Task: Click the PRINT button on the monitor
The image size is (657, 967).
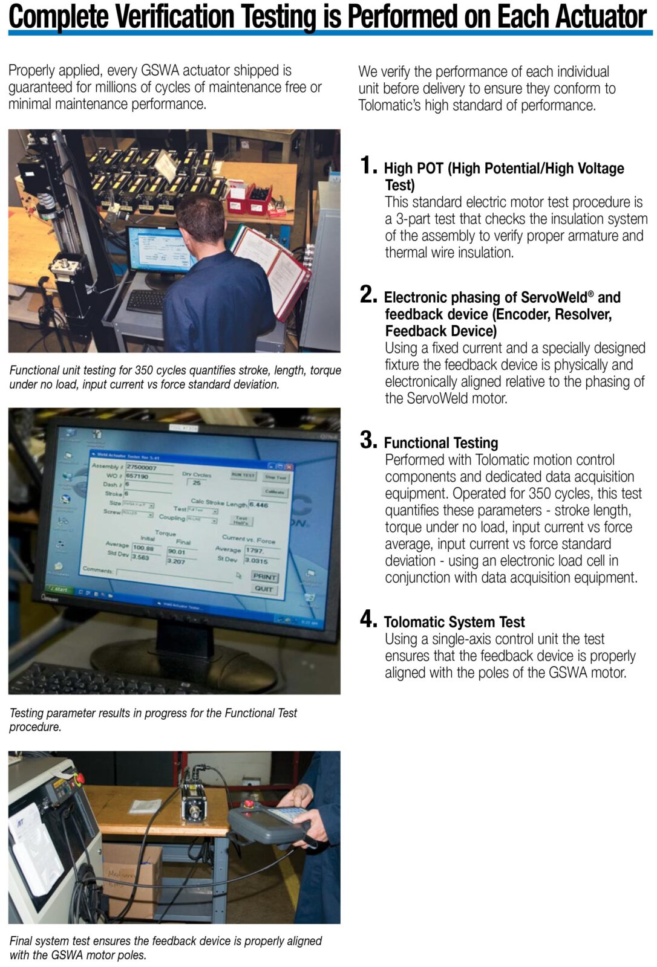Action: [x=264, y=577]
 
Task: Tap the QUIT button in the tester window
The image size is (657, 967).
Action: [x=264, y=589]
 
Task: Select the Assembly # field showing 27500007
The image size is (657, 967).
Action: [x=148, y=467]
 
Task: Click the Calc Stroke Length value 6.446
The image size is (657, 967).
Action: [x=259, y=505]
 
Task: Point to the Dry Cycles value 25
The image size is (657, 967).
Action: [x=197, y=482]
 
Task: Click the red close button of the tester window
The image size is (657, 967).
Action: [x=289, y=467]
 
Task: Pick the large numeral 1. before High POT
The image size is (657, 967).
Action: [x=368, y=166]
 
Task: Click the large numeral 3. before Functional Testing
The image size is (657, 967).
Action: [x=368, y=440]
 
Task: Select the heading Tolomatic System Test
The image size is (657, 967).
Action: [x=454, y=622]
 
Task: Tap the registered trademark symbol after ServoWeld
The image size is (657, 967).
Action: [x=591, y=294]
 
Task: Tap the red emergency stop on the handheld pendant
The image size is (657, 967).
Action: [x=248, y=804]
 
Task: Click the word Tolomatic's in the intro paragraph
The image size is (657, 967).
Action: [x=391, y=105]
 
